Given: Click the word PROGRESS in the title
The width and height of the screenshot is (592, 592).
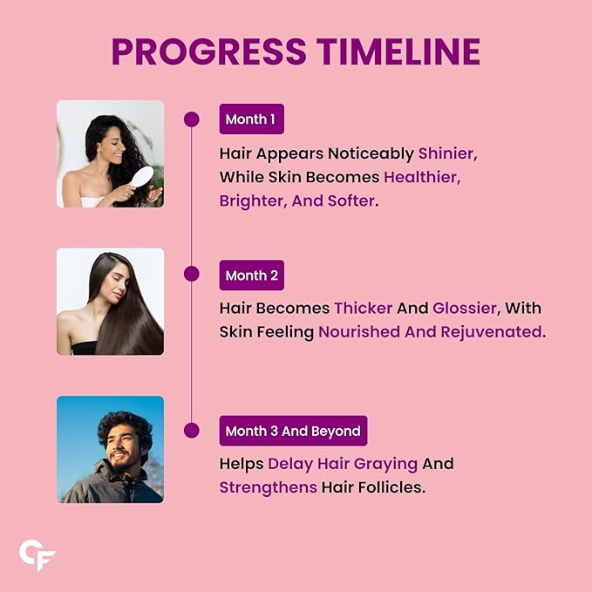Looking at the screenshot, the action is (x=208, y=51).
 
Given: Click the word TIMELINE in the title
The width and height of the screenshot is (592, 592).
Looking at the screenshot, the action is (x=398, y=51).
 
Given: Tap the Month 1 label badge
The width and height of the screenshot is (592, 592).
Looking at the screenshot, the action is (x=251, y=119).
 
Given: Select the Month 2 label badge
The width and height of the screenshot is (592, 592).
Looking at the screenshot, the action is (x=251, y=276).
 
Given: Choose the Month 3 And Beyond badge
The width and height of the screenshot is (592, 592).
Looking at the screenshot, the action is (x=293, y=431).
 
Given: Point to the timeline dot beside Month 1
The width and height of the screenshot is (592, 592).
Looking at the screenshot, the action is (x=192, y=119).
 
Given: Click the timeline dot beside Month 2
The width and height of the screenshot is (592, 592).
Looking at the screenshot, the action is (x=192, y=274).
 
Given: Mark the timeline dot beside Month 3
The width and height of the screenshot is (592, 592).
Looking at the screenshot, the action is (x=192, y=431).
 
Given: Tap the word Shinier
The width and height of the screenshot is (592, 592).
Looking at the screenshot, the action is (x=446, y=153).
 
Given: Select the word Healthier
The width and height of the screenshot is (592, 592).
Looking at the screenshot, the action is (x=420, y=177).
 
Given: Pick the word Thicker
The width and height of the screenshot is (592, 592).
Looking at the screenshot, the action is (x=364, y=308).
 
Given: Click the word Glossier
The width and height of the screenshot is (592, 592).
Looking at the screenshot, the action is (x=465, y=308).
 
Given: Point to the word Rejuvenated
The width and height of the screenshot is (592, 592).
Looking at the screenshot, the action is (x=491, y=332).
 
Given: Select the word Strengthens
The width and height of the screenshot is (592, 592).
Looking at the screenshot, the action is (x=268, y=487).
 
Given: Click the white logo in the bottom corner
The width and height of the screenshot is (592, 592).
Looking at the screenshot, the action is (x=37, y=555).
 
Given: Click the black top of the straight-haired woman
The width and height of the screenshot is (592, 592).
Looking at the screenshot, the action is (x=85, y=348).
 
